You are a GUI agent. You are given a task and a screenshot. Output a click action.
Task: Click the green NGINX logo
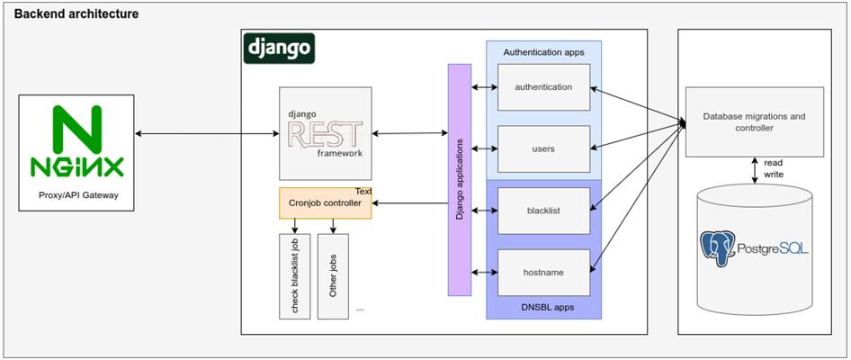click(x=76, y=141)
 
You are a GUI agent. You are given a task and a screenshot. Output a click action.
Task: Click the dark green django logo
click(x=279, y=49)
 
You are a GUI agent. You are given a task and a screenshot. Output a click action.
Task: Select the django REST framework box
click(x=326, y=133)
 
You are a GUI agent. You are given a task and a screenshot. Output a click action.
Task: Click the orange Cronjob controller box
click(x=326, y=203)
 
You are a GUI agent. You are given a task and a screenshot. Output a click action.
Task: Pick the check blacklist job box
click(x=295, y=276)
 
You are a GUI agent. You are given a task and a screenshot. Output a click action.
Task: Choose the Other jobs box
click(x=333, y=276)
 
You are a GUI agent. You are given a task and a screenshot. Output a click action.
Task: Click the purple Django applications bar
click(x=459, y=180)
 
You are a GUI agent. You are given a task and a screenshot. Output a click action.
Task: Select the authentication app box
click(x=544, y=87)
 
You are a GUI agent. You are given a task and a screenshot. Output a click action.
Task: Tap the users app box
click(x=544, y=148)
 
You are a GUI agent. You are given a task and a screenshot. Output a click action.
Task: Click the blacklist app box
click(x=544, y=211)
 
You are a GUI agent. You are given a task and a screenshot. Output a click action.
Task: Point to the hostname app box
click(x=544, y=273)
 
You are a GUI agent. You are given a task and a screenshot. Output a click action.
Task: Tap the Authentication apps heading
click(x=544, y=53)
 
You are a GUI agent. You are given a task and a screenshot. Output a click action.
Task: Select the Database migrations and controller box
click(x=755, y=122)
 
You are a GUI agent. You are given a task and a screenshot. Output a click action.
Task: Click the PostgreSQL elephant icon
click(x=718, y=248)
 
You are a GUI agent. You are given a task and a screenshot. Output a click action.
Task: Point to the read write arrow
click(x=755, y=170)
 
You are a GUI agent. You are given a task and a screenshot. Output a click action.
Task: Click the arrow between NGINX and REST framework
click(x=207, y=133)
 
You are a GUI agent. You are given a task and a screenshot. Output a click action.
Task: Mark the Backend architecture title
click(x=76, y=14)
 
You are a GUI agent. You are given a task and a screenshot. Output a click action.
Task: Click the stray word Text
click(x=363, y=191)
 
